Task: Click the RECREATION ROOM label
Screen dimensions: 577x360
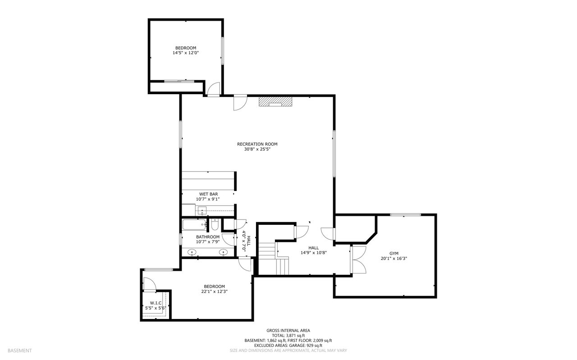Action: coord(257,144)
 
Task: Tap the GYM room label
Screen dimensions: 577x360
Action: coord(394,254)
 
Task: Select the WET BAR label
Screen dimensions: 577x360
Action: coord(208,194)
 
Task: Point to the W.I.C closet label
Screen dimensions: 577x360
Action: coord(156,303)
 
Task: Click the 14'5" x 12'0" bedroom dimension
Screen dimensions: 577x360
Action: coord(185,53)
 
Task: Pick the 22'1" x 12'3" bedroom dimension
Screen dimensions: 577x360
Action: coord(214,292)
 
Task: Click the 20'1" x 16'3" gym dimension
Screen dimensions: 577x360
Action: coord(394,259)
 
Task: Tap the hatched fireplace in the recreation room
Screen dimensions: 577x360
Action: coord(275,101)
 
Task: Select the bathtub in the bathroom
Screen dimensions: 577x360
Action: coord(194,224)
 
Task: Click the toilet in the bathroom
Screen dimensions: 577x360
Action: coord(215,224)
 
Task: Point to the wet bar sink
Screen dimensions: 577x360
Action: coord(202,211)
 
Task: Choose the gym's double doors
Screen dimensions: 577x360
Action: coord(358,260)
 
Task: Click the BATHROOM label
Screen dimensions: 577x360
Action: coord(208,237)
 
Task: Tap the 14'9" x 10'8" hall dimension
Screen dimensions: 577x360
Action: coord(313,253)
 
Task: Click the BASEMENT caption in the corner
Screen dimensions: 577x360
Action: coord(19,351)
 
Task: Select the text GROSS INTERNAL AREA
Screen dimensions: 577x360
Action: coord(288,331)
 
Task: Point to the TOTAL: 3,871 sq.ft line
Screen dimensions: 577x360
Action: coord(288,336)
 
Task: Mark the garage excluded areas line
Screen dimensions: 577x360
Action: coord(288,346)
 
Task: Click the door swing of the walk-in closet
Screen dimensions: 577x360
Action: coord(150,284)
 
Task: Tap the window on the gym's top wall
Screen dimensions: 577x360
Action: coord(405,215)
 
